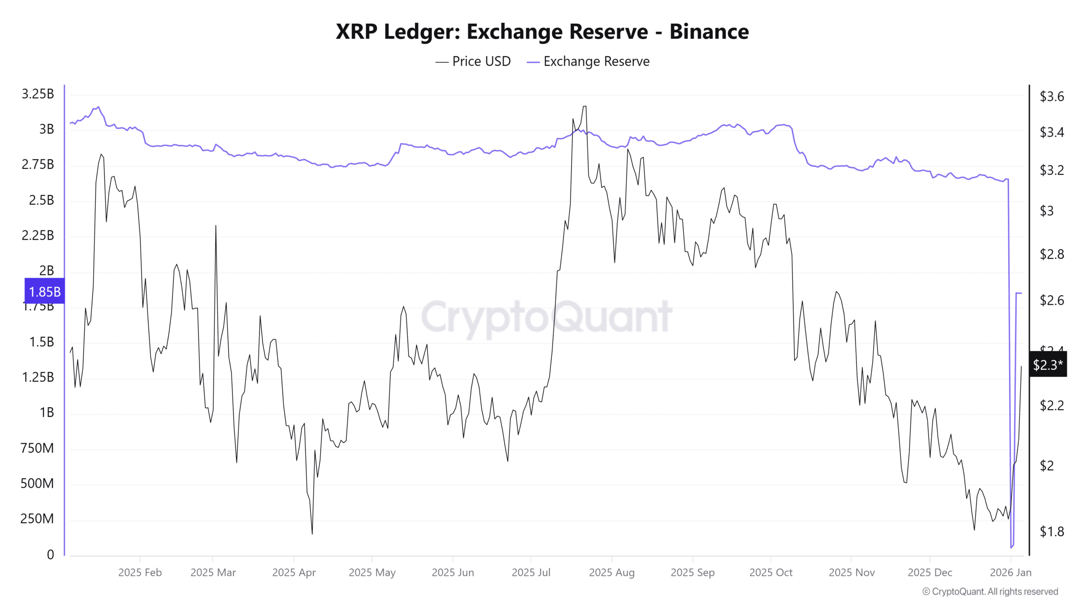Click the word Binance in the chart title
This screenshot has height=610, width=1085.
pyautogui.click(x=709, y=32)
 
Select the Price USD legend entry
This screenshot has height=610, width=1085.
pyautogui.click(x=473, y=61)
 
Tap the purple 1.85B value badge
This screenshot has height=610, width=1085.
pyautogui.click(x=45, y=291)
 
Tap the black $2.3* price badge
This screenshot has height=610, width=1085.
pyautogui.click(x=1047, y=364)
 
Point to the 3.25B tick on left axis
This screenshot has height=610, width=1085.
pyautogui.click(x=38, y=94)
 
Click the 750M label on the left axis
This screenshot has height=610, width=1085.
pyautogui.click(x=37, y=448)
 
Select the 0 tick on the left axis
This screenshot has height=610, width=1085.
pyautogui.click(x=50, y=555)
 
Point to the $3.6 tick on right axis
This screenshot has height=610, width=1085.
pyautogui.click(x=1052, y=97)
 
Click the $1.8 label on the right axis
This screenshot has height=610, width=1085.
pyautogui.click(x=1052, y=531)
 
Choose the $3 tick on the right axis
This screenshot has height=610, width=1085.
pyautogui.click(x=1046, y=211)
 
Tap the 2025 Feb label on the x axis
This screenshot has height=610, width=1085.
pyautogui.click(x=140, y=572)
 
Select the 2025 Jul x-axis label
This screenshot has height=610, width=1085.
pyautogui.click(x=531, y=572)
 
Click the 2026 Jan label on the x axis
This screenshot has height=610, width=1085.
pyautogui.click(x=1010, y=572)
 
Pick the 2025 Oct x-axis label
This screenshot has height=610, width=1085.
pyautogui.click(x=771, y=572)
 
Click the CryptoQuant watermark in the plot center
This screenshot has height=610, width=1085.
pyautogui.click(x=547, y=317)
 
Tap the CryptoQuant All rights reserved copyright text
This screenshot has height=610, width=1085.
pyautogui.click(x=990, y=591)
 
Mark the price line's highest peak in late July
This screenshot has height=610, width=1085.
pyautogui.click(x=584, y=106)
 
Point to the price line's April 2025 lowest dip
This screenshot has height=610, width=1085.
pyautogui.click(x=312, y=534)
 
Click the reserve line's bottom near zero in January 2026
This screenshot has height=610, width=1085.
pyautogui.click(x=1011, y=547)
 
